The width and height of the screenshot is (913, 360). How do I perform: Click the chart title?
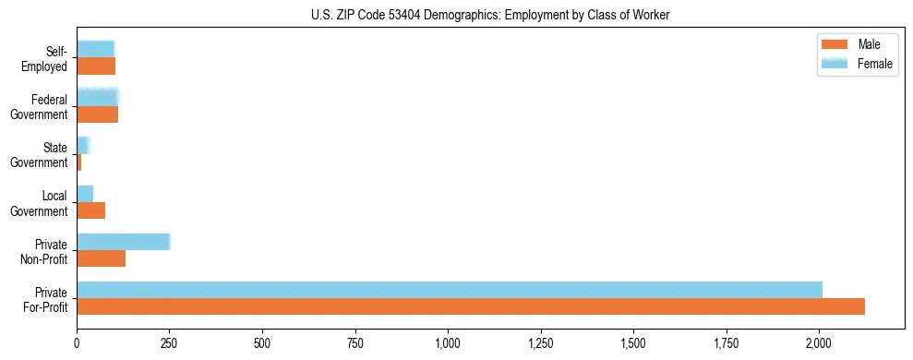[x=456, y=15]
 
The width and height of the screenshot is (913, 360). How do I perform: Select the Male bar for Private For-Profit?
[x=471, y=306]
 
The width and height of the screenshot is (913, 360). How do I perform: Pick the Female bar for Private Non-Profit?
[x=123, y=242]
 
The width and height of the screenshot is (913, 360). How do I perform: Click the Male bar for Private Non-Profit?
[x=101, y=258]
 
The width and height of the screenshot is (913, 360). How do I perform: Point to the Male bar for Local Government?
[x=90, y=210]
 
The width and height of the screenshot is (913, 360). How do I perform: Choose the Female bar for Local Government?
[x=85, y=194]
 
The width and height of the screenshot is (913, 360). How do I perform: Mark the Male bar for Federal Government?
[x=97, y=114]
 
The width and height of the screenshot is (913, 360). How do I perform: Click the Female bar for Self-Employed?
[x=95, y=49]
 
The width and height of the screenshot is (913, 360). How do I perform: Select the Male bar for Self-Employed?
[x=96, y=66]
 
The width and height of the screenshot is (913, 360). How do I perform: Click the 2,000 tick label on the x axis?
[x=819, y=343]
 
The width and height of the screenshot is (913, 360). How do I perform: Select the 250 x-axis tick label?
[x=170, y=343]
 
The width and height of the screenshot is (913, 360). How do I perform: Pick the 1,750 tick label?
[x=727, y=343]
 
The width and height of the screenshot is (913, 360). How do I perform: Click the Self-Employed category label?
[x=48, y=57]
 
